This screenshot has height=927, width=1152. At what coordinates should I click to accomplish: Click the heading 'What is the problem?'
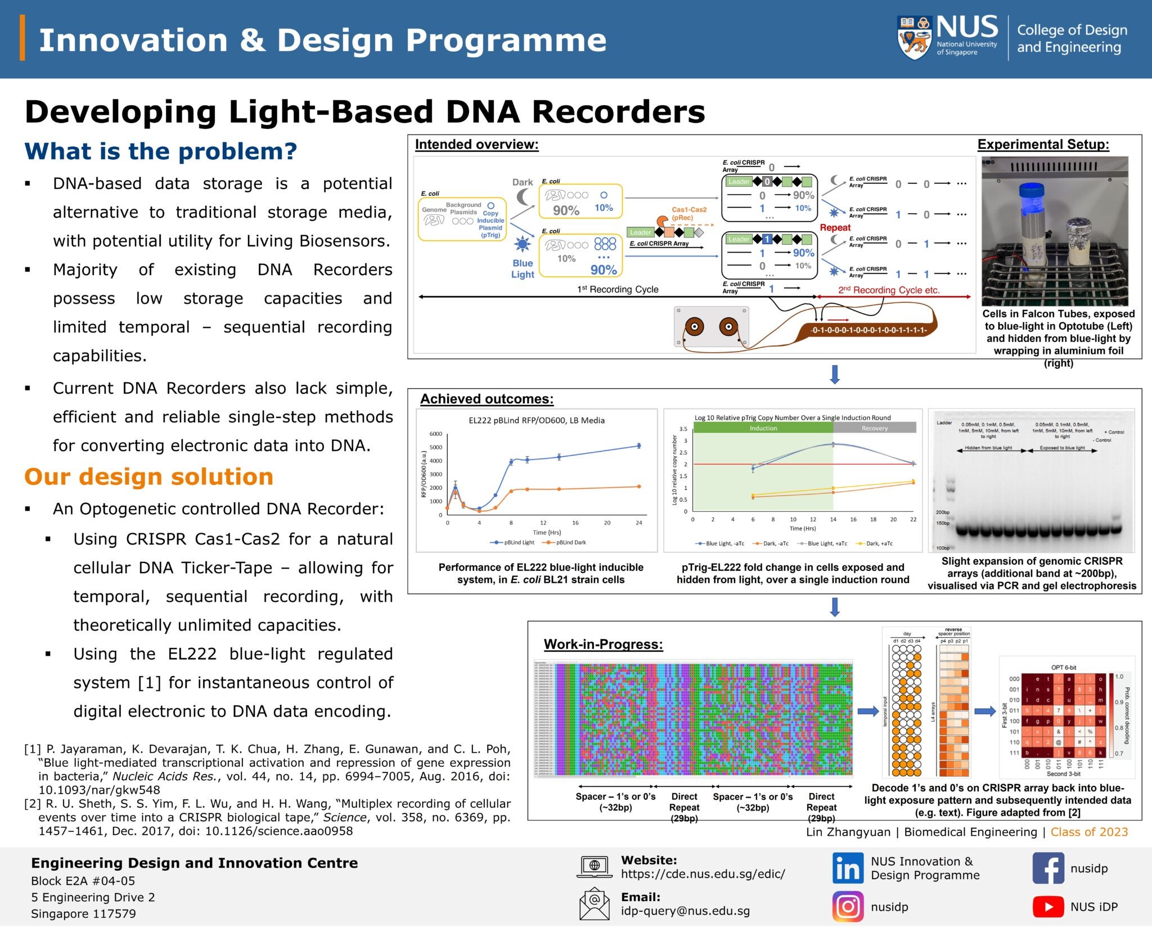(x=161, y=151)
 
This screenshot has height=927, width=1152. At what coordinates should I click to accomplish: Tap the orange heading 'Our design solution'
(x=148, y=477)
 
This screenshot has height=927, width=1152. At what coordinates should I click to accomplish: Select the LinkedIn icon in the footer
(x=848, y=868)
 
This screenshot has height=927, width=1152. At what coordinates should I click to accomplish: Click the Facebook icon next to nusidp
(x=1048, y=868)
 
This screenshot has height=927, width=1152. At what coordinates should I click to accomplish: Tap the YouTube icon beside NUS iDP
(x=1048, y=907)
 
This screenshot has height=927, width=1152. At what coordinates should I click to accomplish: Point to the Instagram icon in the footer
(x=848, y=907)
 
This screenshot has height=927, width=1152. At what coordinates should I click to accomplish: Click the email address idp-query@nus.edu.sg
(x=685, y=911)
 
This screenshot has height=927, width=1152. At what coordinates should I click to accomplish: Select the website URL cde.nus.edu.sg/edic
(x=703, y=874)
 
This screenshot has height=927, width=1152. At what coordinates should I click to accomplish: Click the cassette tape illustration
(x=711, y=326)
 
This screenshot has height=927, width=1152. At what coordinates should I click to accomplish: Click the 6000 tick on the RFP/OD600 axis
(x=436, y=434)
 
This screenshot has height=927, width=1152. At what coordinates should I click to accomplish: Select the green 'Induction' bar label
(x=763, y=428)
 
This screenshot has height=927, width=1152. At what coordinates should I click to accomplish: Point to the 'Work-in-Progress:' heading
(x=603, y=644)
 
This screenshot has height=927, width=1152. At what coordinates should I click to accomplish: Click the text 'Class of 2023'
(x=1089, y=832)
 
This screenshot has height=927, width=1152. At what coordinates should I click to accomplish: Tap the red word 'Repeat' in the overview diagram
(x=835, y=227)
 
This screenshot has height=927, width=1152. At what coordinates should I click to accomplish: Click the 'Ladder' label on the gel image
(x=944, y=422)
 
